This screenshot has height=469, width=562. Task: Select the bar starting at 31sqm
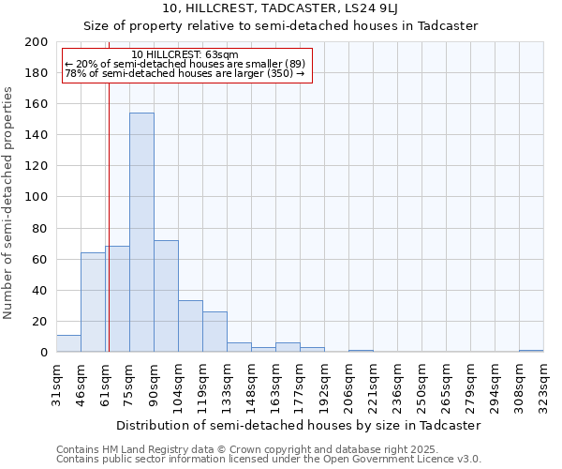click(x=68, y=343)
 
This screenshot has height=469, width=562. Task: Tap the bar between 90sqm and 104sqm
click(x=166, y=296)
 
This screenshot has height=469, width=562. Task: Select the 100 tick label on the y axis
click(x=37, y=197)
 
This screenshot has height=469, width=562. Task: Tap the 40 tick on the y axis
click(x=40, y=290)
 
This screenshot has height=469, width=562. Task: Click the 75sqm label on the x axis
click(x=129, y=383)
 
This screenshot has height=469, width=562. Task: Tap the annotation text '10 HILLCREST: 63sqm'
click(x=185, y=55)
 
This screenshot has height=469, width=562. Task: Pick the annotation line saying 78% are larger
click(x=185, y=73)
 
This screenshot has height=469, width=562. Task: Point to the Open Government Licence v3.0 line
click(x=269, y=460)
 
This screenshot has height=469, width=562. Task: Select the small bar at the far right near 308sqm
click(x=531, y=351)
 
